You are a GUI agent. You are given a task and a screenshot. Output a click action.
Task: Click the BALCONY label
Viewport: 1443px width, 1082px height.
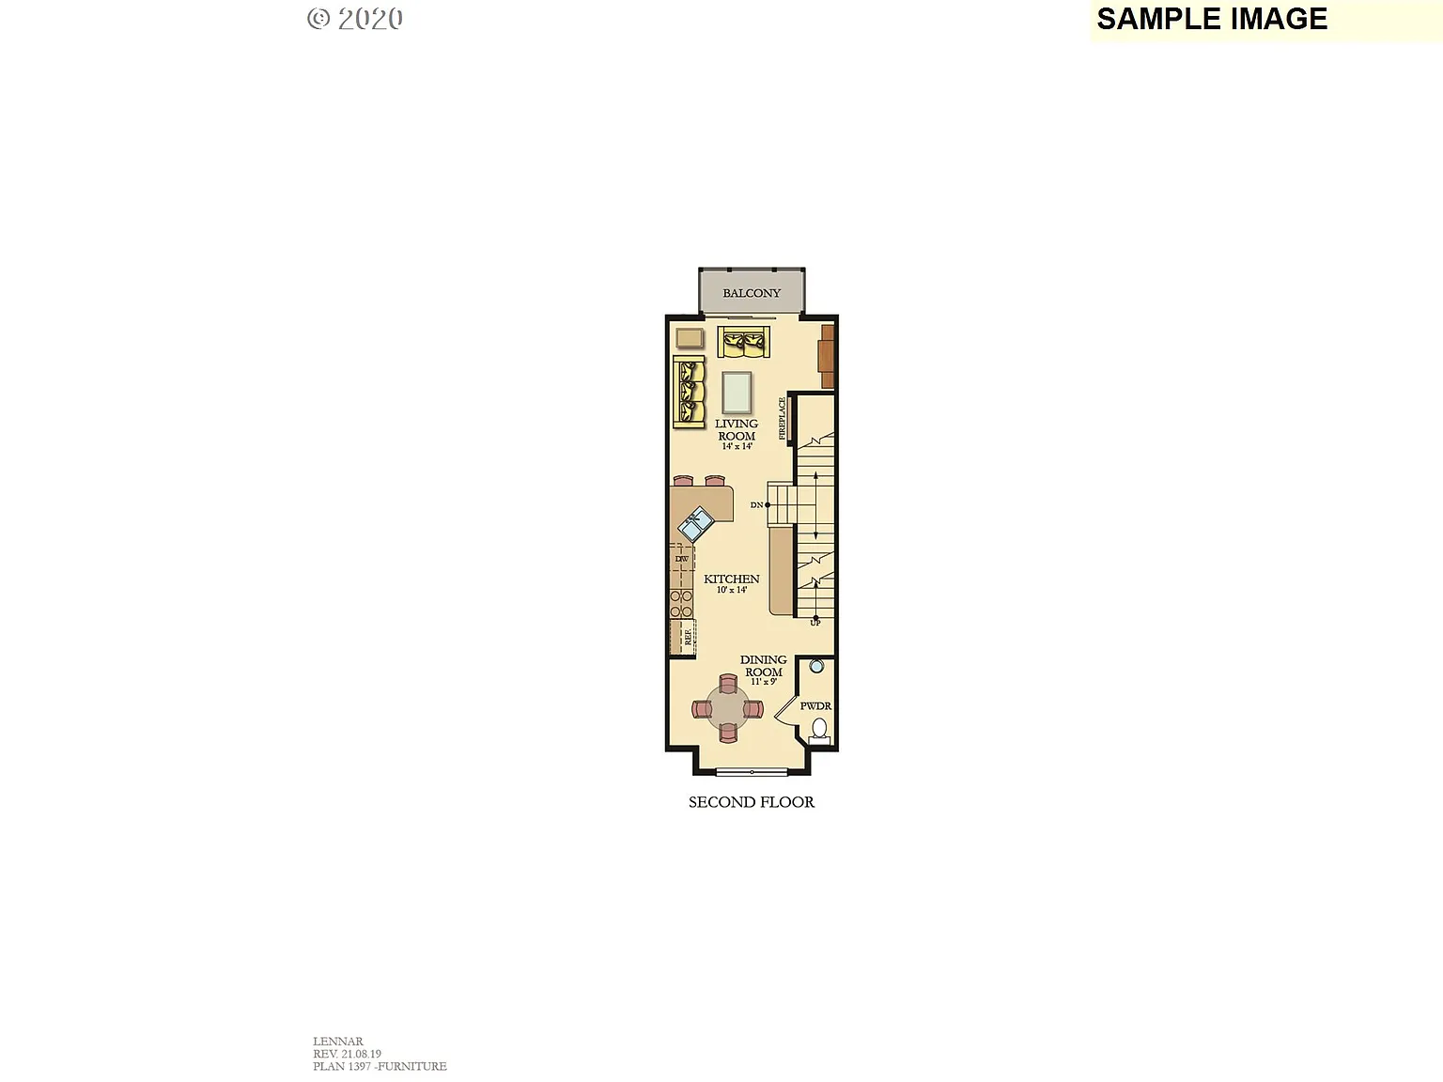pyautogui.click(x=751, y=293)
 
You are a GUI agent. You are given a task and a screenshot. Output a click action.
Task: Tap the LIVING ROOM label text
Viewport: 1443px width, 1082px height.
pyautogui.click(x=737, y=430)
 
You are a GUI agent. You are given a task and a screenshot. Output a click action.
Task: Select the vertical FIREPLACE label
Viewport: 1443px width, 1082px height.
pyautogui.click(x=782, y=419)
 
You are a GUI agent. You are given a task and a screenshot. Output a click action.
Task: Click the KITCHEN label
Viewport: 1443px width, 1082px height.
pyautogui.click(x=731, y=579)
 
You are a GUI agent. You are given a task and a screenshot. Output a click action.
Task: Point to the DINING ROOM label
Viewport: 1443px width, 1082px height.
pyautogui.click(x=763, y=666)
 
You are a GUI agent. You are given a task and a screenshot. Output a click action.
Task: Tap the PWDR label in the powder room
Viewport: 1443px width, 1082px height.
pyautogui.click(x=815, y=705)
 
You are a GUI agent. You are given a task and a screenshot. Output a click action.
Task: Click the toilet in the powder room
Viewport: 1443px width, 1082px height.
pyautogui.click(x=819, y=729)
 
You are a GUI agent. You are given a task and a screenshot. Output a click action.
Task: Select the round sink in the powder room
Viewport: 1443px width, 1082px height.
pyautogui.click(x=816, y=666)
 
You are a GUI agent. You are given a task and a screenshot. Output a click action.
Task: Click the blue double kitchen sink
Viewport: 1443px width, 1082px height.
pyautogui.click(x=696, y=523)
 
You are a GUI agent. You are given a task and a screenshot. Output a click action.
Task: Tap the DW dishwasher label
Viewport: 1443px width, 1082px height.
pyautogui.click(x=681, y=559)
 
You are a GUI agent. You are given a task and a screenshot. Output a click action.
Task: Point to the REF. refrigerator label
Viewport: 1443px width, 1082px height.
pyautogui.click(x=688, y=637)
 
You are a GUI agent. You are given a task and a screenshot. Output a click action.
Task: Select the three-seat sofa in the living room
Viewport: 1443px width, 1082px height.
pyautogui.click(x=690, y=392)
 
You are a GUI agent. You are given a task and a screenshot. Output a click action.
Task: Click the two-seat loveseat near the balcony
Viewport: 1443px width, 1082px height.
pyautogui.click(x=743, y=342)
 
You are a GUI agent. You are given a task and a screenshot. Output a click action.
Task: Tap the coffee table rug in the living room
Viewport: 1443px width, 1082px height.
pyautogui.click(x=737, y=393)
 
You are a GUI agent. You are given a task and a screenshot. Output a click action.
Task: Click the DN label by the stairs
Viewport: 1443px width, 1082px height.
pyautogui.click(x=756, y=505)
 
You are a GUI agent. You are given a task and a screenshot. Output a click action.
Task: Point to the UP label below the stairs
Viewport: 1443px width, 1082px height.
pyautogui.click(x=815, y=623)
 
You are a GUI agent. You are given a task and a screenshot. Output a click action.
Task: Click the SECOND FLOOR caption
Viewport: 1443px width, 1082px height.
pyautogui.click(x=751, y=802)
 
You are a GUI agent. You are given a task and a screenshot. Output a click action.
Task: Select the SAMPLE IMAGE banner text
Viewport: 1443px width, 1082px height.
pyautogui.click(x=1212, y=19)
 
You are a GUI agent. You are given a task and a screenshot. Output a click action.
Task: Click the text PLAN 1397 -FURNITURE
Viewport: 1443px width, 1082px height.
pyautogui.click(x=380, y=1066)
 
